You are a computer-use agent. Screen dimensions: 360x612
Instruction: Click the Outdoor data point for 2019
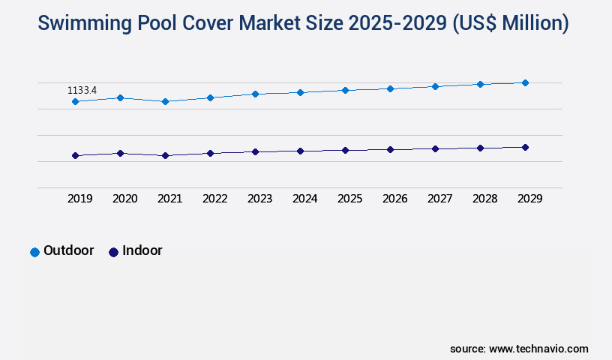[x=75, y=101]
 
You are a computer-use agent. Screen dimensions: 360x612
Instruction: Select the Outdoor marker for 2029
[x=525, y=82]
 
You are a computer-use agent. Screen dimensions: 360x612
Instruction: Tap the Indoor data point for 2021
[x=165, y=155]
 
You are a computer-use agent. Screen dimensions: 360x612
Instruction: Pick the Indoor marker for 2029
[x=525, y=147]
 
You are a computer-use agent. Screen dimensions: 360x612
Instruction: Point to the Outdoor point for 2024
[x=300, y=92]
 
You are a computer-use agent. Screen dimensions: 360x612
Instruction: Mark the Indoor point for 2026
[x=390, y=149]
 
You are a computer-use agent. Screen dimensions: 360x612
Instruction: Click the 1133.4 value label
[x=82, y=91]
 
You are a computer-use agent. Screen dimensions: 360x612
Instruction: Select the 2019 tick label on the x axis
[x=80, y=199]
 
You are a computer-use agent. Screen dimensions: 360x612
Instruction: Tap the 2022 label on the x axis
[x=215, y=199]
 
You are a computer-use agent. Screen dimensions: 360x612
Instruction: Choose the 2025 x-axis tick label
[x=350, y=199]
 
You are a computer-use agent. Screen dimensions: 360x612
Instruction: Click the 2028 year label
[x=485, y=199]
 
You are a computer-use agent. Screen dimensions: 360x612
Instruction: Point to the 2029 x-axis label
[x=530, y=199]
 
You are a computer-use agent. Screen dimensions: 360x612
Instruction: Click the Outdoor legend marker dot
[x=34, y=252]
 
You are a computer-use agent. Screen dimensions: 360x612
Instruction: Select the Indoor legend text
[x=142, y=250]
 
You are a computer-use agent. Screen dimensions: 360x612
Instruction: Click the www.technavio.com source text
[x=538, y=349]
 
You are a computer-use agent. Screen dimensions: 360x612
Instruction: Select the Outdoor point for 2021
[x=165, y=101]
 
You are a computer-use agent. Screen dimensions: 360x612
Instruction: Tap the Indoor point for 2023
[x=255, y=151]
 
